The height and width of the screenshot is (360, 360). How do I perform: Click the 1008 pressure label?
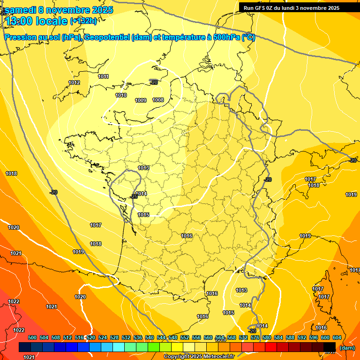coord(158,100)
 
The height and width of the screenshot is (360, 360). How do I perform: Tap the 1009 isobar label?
coord(141,100)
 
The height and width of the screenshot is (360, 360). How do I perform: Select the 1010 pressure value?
coord(121,95)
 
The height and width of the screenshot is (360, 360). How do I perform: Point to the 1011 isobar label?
coord(104,76)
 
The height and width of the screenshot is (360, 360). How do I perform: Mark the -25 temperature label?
coord(134,196)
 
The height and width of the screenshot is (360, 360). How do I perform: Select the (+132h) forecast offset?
coord(83,21)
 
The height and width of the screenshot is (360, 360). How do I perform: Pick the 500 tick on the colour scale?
coord(32,337)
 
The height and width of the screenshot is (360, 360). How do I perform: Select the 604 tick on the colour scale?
coord(337,337)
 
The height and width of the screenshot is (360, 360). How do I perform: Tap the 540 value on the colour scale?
coord(150,337)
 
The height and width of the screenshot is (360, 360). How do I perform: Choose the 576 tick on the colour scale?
coord(255,337)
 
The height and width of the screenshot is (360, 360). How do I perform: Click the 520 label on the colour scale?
coord(91,337)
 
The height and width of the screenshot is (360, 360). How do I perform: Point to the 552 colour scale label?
coord(185,337)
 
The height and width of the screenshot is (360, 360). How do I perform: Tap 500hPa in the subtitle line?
coord(226,37)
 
